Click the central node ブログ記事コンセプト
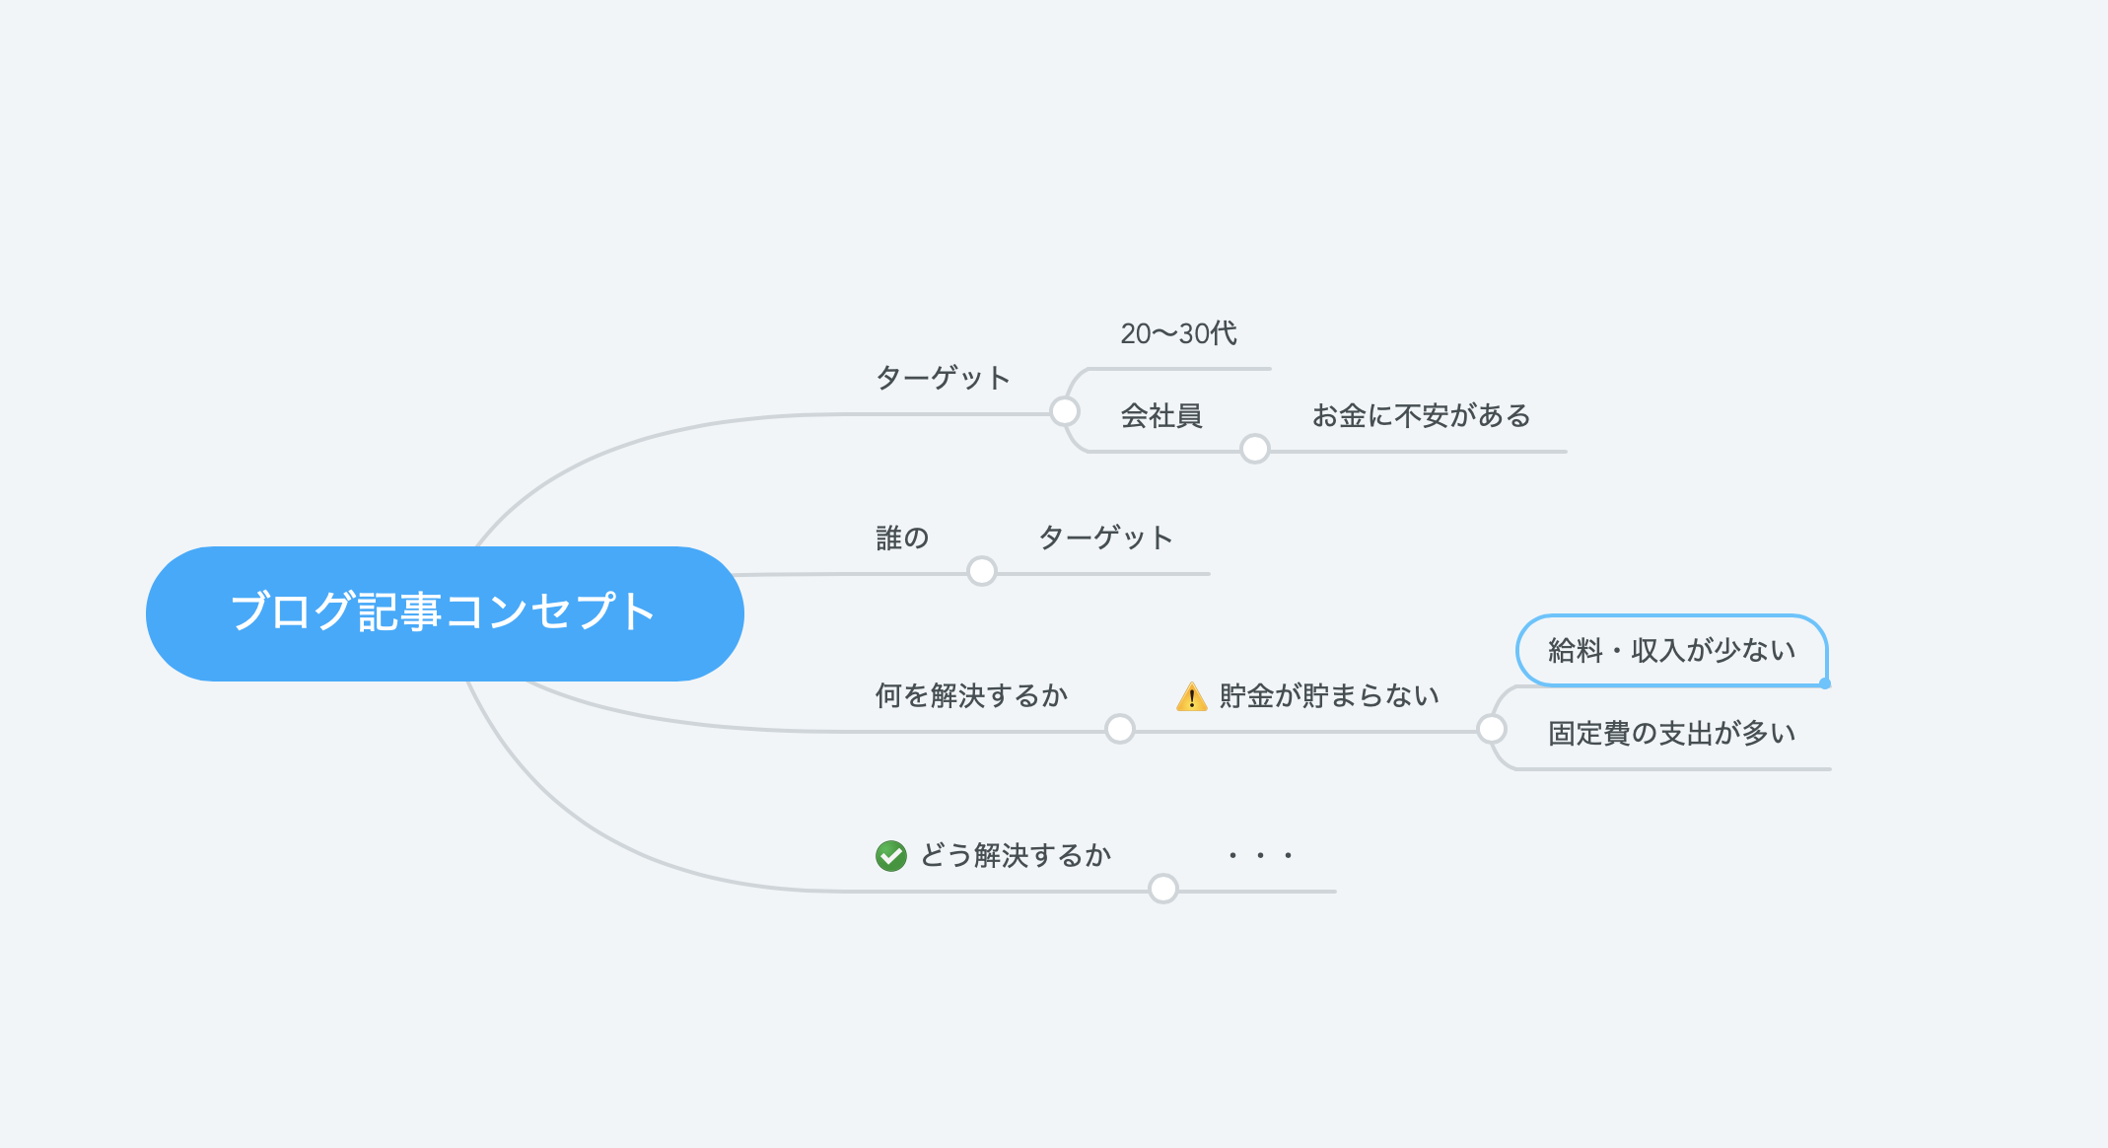click(x=445, y=613)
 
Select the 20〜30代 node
click(x=1178, y=333)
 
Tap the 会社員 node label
click(x=1161, y=416)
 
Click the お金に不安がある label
click(x=1421, y=416)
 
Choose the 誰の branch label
click(x=902, y=538)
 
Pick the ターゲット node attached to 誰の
click(x=1105, y=538)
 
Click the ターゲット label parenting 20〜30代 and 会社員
click(x=943, y=378)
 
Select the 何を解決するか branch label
click(x=971, y=695)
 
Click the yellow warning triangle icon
click(x=1192, y=696)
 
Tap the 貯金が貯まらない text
click(x=1329, y=695)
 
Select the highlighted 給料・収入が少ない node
click(x=1671, y=650)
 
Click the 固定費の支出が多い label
click(x=1671, y=733)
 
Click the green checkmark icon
click(x=891, y=855)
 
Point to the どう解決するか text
click(x=1016, y=855)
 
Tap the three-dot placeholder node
click(x=1260, y=855)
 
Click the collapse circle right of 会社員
click(x=1255, y=449)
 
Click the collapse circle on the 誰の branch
click(x=982, y=571)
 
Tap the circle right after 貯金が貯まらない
click(x=1492, y=729)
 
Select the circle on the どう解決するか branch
click(x=1163, y=889)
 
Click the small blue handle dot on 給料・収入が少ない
click(x=1825, y=683)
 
